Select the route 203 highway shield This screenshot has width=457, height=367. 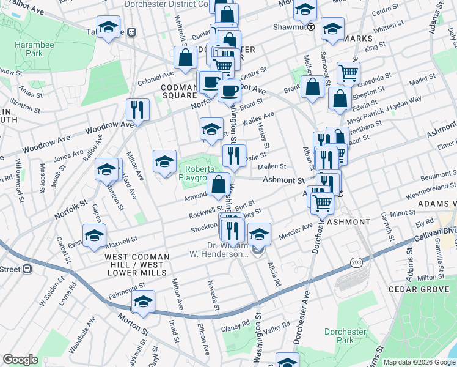[356, 262]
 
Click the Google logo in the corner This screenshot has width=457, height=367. [20, 360]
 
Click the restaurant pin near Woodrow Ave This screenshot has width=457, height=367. [137, 109]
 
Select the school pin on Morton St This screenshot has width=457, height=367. [143, 302]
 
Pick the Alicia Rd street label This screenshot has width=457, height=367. [272, 275]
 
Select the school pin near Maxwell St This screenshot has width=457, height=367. [94, 235]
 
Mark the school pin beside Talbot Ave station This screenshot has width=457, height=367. [109, 28]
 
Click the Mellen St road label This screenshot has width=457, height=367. [272, 166]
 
